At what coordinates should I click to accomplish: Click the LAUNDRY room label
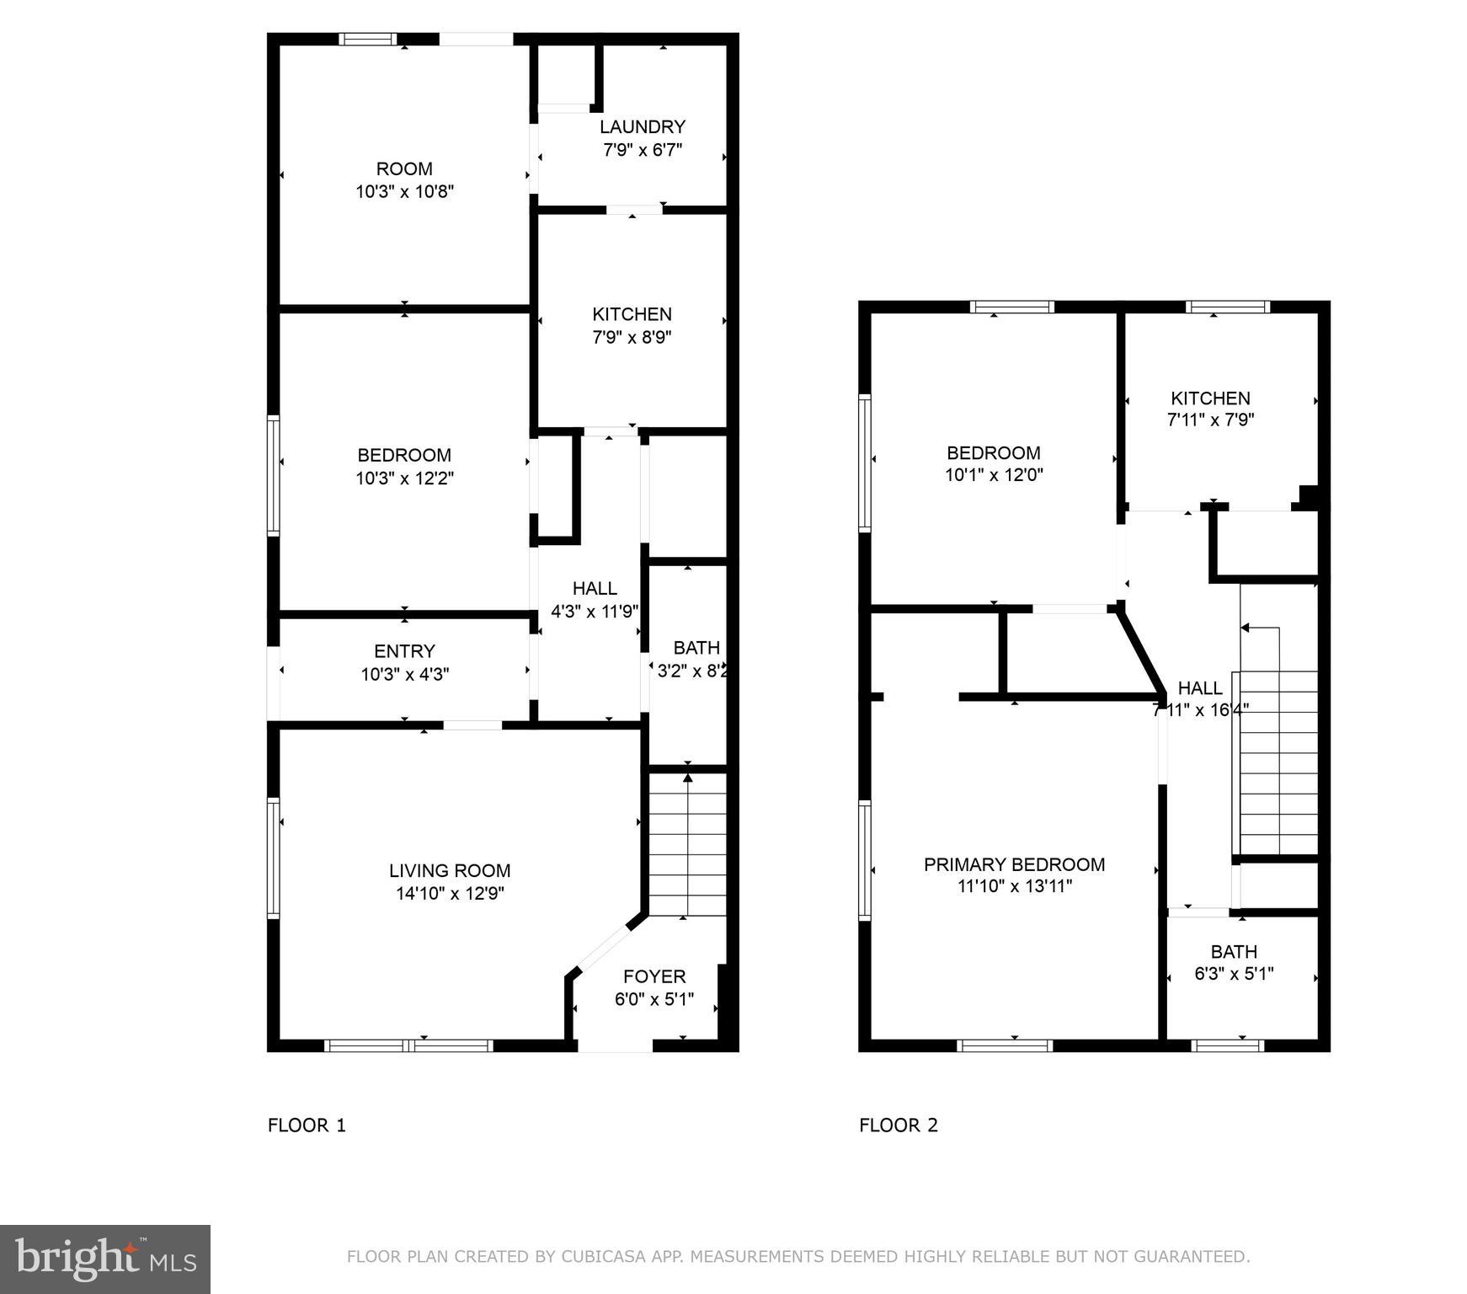[x=642, y=127]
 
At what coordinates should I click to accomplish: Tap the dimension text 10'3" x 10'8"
[x=404, y=191]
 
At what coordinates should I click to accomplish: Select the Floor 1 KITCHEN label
[x=632, y=314]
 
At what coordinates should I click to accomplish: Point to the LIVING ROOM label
[x=450, y=870]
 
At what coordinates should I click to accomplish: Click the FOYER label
[x=654, y=976]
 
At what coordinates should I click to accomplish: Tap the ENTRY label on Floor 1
[x=404, y=651]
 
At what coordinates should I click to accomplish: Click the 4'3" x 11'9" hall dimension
[x=595, y=612]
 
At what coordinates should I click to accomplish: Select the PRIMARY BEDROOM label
[x=1014, y=864]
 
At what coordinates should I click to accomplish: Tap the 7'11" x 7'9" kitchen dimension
[x=1210, y=420]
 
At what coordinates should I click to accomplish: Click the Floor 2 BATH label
[x=1234, y=952]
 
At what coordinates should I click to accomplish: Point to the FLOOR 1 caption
[x=307, y=1126]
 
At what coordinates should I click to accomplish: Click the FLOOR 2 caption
[x=898, y=1126]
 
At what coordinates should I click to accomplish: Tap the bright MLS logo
[x=105, y=1259]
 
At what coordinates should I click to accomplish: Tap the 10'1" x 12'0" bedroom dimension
[x=994, y=475]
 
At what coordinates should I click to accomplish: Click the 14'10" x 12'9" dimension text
[x=450, y=894]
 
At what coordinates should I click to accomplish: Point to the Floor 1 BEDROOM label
[x=404, y=456]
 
